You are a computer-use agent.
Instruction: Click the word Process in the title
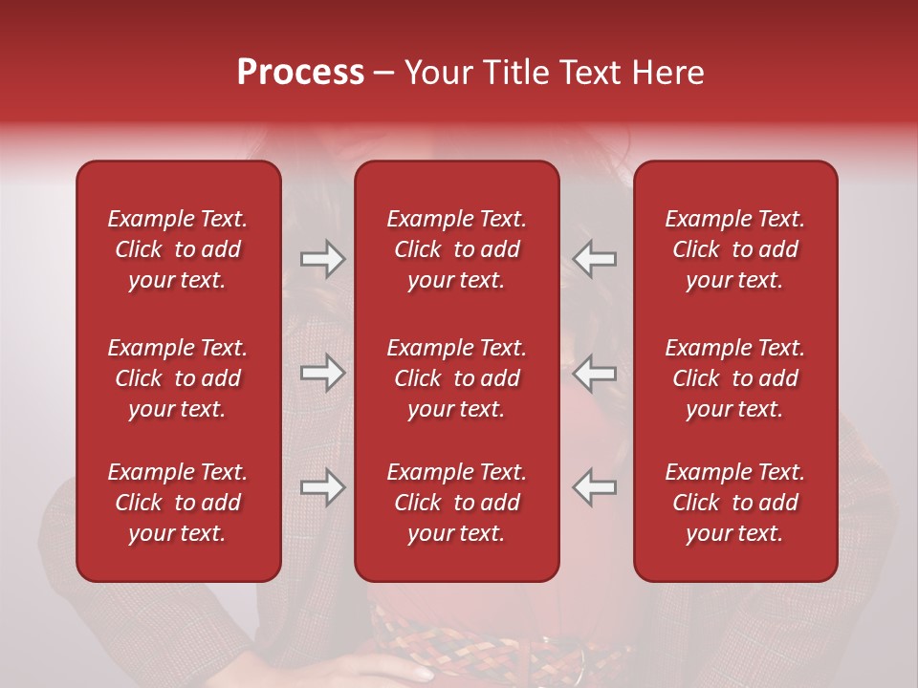click(300, 73)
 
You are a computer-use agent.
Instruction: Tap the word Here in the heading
click(667, 73)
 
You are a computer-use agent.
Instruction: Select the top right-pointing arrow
click(322, 258)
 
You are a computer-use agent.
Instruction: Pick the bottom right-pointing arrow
click(322, 487)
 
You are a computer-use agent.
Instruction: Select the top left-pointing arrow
click(595, 258)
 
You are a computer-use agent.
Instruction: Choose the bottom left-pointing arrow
click(595, 487)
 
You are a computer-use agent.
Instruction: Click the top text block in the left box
click(178, 249)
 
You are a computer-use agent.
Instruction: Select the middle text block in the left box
click(178, 378)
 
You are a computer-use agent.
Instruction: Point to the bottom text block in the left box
click(178, 503)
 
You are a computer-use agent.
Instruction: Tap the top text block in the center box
click(456, 249)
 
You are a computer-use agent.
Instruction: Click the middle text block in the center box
click(456, 378)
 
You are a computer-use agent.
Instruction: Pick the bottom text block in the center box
click(456, 503)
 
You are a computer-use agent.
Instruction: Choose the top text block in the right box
click(734, 249)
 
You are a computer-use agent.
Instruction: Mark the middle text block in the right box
click(734, 378)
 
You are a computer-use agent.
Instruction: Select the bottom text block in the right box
click(734, 503)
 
